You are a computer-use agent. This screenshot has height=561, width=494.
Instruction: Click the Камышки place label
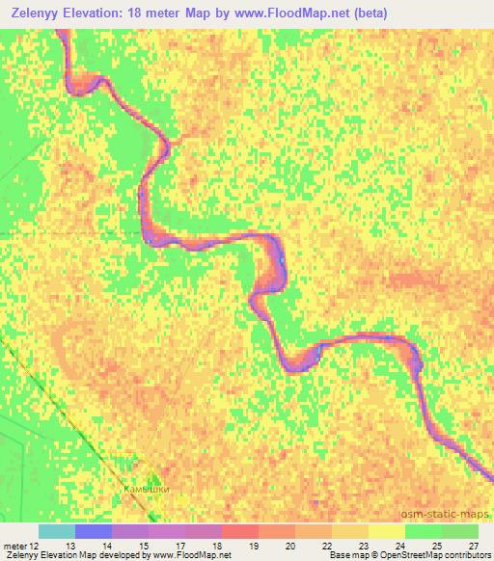147,489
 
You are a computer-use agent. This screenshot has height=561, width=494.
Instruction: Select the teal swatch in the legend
57,531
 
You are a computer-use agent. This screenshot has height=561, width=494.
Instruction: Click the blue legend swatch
94,531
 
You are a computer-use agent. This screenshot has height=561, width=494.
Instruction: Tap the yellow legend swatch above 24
386,531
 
